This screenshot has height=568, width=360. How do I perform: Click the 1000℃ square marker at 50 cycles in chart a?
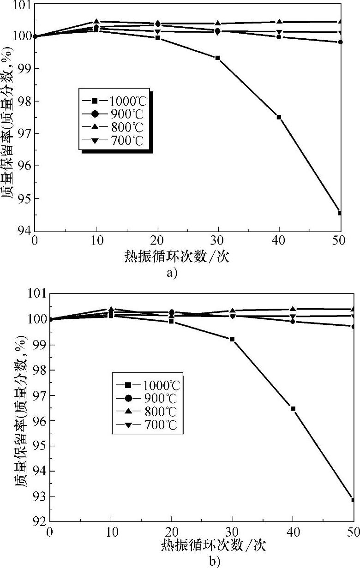click(x=340, y=213)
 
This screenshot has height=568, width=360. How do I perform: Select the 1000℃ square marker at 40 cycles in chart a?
click(x=279, y=117)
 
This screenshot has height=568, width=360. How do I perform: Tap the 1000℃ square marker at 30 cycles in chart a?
click(x=217, y=58)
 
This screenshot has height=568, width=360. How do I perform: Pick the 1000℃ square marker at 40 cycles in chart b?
click(x=293, y=408)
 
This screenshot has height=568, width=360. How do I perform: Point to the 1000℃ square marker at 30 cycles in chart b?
click(x=232, y=339)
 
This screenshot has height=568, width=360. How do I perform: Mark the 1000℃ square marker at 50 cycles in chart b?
click(x=353, y=500)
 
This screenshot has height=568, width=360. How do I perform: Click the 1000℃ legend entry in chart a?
click(x=115, y=100)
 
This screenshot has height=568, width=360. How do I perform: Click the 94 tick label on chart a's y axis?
click(x=24, y=231)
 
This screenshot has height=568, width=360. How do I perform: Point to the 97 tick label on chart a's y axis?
click(x=24, y=133)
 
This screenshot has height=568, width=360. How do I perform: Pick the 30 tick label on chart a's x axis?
click(x=218, y=241)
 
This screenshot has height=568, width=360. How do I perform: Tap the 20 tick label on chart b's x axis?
click(x=172, y=532)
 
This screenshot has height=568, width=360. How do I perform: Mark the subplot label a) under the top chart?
click(x=172, y=273)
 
